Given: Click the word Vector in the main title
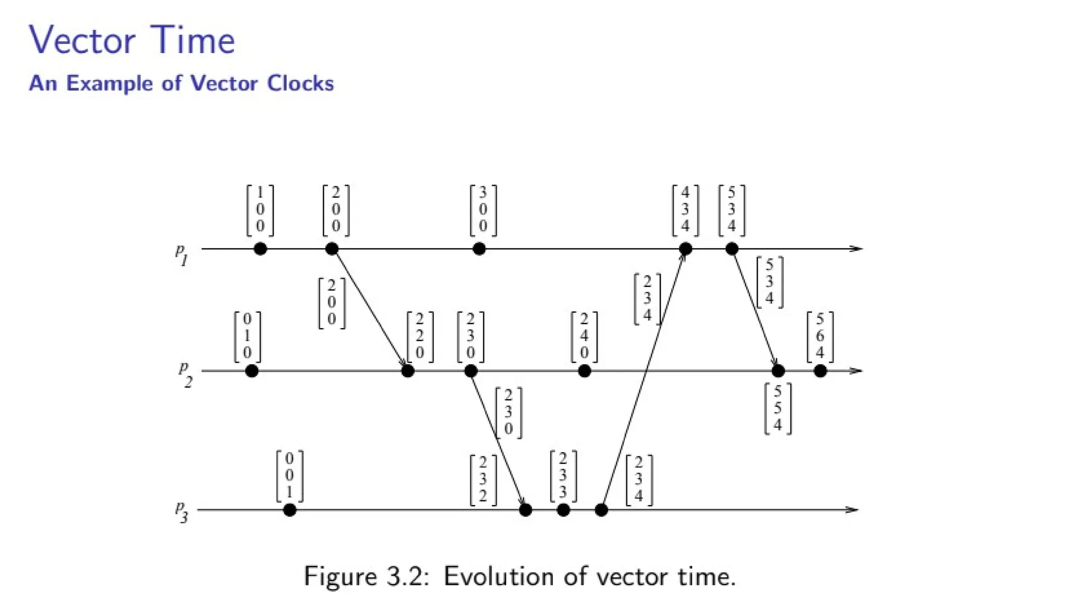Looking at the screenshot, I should point(82,41).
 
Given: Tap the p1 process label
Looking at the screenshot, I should point(181,255).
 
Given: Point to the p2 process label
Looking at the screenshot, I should point(185,375).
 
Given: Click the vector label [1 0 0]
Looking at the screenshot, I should point(260,210).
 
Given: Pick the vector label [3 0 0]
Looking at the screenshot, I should point(482,210).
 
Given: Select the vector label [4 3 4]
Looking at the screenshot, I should point(685,210).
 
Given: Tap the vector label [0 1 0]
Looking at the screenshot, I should point(247,336).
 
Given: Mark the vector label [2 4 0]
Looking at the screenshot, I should point(584,336).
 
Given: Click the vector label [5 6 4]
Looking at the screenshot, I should point(820,336).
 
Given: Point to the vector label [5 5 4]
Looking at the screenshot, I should point(778,408).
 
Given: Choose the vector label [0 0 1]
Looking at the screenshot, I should point(289,475).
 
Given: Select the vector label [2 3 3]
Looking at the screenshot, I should point(563,475).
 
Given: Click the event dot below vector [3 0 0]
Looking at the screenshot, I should point(479,249).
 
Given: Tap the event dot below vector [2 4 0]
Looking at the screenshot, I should point(585,371).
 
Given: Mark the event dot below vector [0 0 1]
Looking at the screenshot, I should point(289,510).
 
